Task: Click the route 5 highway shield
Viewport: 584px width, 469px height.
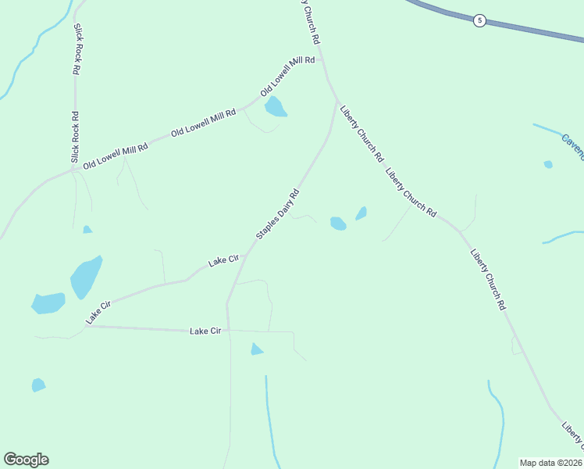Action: coord(479,20)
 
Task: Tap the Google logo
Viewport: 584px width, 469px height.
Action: coord(26,460)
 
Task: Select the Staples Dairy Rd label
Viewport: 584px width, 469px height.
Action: coord(278,213)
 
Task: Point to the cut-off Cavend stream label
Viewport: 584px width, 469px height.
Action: coord(572,146)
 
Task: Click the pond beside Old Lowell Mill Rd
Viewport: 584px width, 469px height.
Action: coord(275,107)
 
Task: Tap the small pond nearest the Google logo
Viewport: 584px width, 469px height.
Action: coord(38,385)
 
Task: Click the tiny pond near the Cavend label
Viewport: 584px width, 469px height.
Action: coord(548,164)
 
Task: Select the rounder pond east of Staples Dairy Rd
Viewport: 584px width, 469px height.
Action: coord(338,224)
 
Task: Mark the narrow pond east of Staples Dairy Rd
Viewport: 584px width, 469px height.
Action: coord(361,213)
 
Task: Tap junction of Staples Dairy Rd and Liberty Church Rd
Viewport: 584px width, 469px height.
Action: coord(337,101)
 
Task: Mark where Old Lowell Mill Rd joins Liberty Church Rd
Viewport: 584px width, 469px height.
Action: coord(322,59)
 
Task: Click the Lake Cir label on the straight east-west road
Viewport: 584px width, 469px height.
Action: coord(206,331)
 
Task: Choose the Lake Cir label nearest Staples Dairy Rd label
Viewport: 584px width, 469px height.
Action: coord(223,261)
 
